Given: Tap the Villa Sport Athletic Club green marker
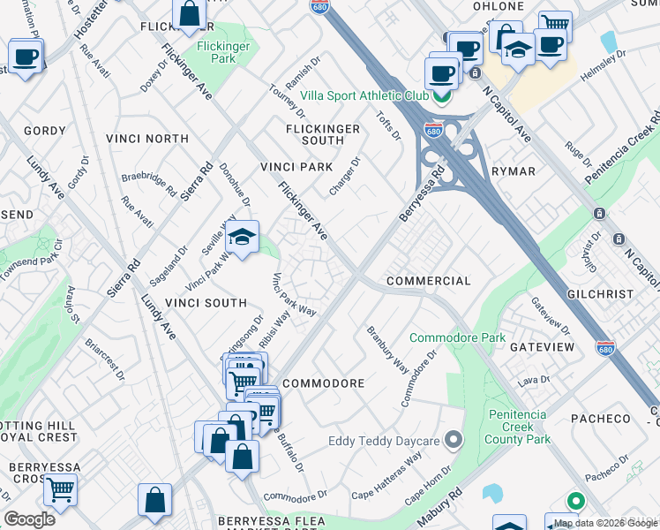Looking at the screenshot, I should coord(443,95).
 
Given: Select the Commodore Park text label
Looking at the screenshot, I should coord(457,337).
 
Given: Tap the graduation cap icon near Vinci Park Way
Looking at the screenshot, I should coord(242,238).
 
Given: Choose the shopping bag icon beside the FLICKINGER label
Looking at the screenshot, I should coord(190,15).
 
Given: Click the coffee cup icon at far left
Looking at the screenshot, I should coord(26,57).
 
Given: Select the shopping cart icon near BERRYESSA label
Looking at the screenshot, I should coord(60,488).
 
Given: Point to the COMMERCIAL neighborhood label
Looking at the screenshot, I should coord(428,281).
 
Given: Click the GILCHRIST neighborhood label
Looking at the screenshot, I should coord(602,294).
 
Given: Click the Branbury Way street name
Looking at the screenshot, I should coord(387,351).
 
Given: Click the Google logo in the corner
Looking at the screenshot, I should coord(29,519).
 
